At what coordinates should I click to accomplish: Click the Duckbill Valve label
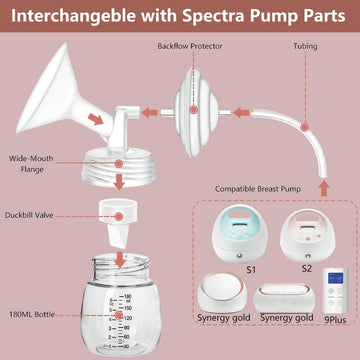pyautogui.click(x=35, y=241)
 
